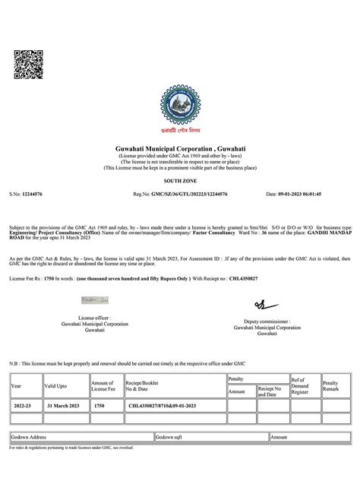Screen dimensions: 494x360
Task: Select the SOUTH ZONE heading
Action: click(180, 182)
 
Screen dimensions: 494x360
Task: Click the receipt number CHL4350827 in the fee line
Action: click(234, 280)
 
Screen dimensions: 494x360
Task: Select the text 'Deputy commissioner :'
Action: click(268, 321)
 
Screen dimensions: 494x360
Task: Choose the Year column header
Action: click(17, 386)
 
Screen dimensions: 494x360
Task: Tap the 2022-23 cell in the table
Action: click(23, 407)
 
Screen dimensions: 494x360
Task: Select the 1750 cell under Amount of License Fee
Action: click(99, 407)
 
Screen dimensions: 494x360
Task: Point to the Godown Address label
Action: click(29, 438)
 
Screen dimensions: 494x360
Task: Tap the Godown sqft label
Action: click(170, 438)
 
